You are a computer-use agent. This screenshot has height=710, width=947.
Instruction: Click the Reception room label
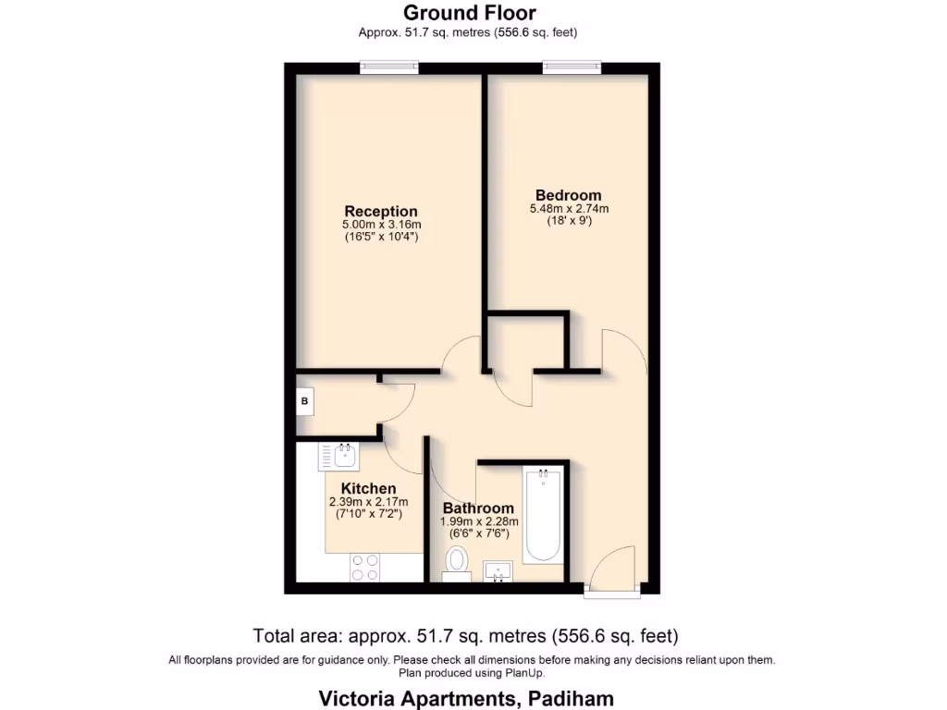click(381, 212)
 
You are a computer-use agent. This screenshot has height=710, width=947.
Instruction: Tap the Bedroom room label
click(569, 195)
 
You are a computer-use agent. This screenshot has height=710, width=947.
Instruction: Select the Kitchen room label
click(368, 488)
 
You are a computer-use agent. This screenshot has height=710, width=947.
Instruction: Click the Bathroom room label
click(478, 508)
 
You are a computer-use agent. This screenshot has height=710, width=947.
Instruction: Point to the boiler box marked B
click(305, 402)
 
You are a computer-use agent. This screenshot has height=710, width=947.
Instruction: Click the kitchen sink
click(340, 455)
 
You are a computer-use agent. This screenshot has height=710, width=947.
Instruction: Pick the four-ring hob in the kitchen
click(363, 567)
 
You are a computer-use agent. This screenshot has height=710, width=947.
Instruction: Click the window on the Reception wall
click(389, 67)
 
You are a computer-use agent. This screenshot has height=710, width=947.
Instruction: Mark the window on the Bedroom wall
click(572, 67)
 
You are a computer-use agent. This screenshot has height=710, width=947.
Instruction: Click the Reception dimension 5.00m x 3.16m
click(381, 225)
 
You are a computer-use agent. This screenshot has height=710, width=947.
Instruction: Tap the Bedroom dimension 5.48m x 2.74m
click(569, 209)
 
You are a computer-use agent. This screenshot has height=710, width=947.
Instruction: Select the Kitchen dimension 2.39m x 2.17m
click(368, 502)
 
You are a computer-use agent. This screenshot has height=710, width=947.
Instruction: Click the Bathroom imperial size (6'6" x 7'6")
click(478, 533)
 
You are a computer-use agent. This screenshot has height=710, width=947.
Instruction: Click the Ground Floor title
click(469, 13)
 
